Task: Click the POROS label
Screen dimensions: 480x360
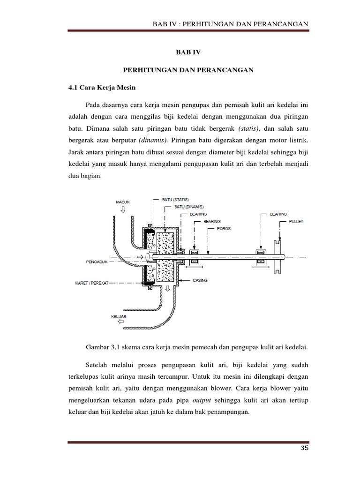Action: tap(224, 229)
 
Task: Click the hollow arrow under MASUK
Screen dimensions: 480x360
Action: tap(123, 210)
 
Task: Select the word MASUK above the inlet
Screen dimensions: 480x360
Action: tap(123, 202)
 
